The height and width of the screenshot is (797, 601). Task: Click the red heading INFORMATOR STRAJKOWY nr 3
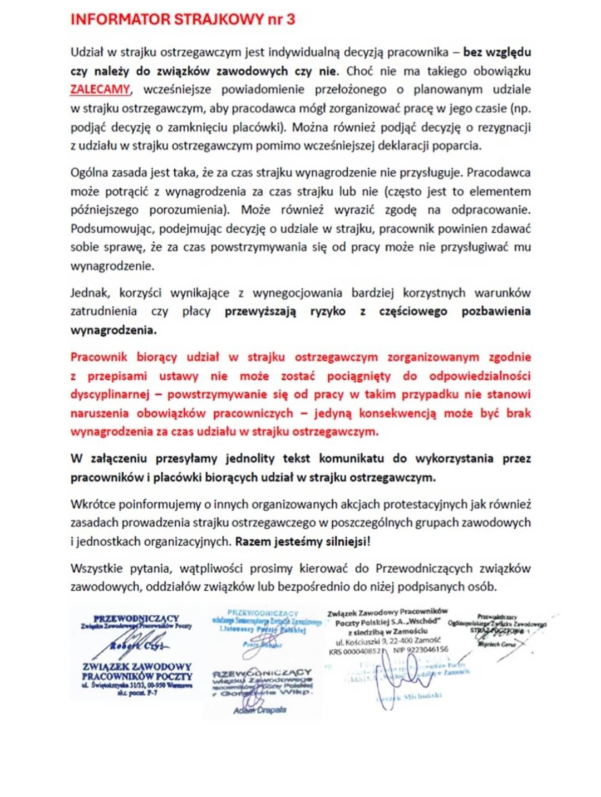click(x=183, y=19)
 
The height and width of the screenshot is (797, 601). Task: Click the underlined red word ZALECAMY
click(x=100, y=90)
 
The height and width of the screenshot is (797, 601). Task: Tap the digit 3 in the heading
click(x=290, y=19)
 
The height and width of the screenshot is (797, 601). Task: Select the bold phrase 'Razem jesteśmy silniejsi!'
click(x=303, y=541)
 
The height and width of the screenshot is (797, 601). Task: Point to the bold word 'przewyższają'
click(x=260, y=311)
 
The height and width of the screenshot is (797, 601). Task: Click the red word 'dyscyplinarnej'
click(x=110, y=394)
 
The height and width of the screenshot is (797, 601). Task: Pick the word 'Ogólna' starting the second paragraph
click(x=90, y=173)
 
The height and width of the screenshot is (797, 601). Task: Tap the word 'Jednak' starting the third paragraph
click(x=90, y=293)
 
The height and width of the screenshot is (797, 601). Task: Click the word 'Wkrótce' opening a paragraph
click(x=92, y=504)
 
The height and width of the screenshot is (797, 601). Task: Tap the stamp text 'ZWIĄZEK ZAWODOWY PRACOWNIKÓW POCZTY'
click(x=137, y=671)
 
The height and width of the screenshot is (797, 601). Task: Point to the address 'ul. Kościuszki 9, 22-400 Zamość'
click(x=388, y=640)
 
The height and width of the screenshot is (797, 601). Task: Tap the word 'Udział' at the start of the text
click(x=87, y=52)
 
